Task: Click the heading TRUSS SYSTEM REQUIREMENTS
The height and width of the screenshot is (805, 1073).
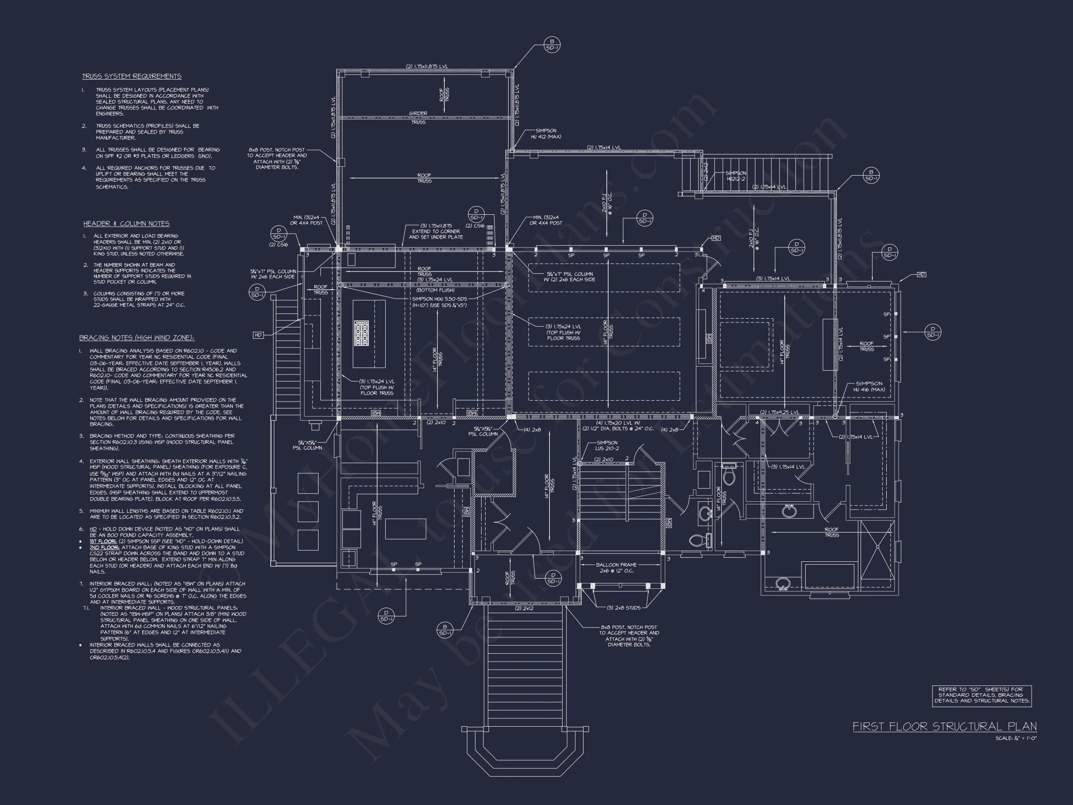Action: pos(131,76)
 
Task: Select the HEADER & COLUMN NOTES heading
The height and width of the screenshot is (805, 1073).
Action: pos(126,224)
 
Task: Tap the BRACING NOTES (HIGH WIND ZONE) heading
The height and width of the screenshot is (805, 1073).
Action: pos(136,338)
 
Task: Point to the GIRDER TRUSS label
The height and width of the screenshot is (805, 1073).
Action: pos(418,117)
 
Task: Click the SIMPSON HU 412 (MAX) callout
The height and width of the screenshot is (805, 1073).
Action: pos(546,134)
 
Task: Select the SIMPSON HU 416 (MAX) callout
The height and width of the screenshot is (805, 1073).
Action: pos(869,386)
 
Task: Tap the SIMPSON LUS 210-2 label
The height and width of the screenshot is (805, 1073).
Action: pos(607,445)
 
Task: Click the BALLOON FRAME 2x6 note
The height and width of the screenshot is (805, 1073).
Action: pos(616,568)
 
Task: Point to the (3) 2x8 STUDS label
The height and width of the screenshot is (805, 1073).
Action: pos(623,607)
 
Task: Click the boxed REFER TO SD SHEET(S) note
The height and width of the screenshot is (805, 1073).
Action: pos(981,696)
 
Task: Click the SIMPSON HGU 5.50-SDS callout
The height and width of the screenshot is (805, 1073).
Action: pos(439,302)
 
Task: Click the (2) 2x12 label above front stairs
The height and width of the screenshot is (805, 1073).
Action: pos(524,608)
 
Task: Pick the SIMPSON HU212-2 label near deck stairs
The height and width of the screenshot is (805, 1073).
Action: pos(736,176)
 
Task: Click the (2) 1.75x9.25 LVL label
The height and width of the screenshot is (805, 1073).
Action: pos(779,412)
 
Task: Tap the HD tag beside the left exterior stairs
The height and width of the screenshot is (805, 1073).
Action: pos(258,335)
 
